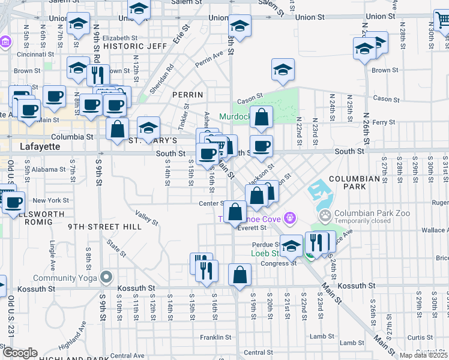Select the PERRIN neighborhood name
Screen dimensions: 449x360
[188, 95]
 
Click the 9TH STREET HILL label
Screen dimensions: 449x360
[104, 227]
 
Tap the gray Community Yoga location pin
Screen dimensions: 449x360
[107, 277]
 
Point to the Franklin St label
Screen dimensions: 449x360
[215, 337]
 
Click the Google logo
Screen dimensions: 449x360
[20, 353]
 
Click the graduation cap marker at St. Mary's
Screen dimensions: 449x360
[148, 127]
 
